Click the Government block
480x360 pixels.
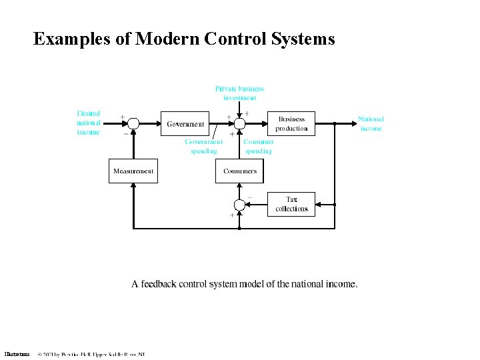pos(185,123)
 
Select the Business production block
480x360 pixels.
pos(291,123)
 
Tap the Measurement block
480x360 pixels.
pos(133,171)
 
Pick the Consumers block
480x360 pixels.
pos(240,171)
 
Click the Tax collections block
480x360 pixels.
pos(291,204)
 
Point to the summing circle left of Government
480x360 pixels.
pos(133,123)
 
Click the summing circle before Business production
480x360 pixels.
pos(240,123)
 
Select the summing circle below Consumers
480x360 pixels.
pos(240,204)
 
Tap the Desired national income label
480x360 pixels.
pos(89,123)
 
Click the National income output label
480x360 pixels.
pos(371,123)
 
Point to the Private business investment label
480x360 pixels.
pos(239,93)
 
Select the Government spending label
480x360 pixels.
pos(204,147)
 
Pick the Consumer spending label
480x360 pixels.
pos(259,147)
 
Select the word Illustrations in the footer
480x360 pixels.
pos(17,354)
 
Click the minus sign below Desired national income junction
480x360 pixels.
pos(125,133)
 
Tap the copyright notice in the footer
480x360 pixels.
pos(91,354)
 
